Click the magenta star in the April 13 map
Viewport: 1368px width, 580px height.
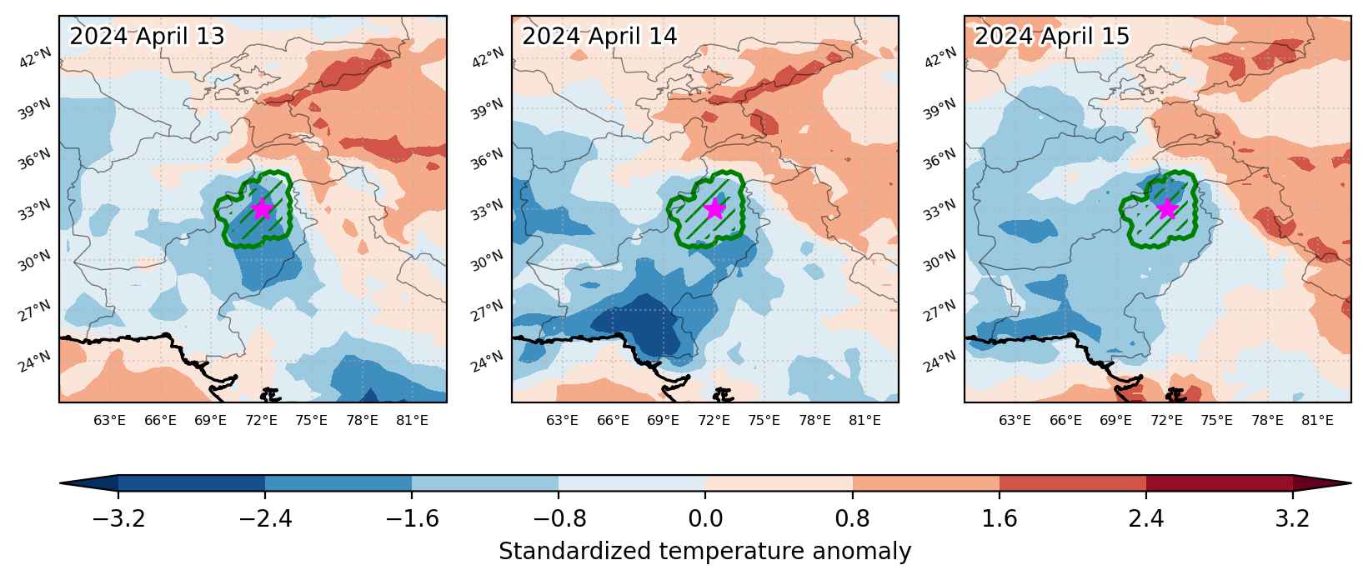click(262, 209)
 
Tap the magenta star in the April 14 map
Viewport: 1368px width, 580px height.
click(714, 209)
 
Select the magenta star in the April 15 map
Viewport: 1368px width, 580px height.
click(1167, 209)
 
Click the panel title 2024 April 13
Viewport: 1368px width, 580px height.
click(148, 36)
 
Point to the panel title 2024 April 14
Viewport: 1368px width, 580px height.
click(599, 36)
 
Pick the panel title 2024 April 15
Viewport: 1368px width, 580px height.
click(1052, 36)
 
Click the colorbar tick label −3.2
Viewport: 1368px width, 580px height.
click(118, 519)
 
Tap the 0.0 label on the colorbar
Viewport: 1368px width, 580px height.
click(705, 519)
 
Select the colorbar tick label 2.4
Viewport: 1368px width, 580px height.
click(1145, 519)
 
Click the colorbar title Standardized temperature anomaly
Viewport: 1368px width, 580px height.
click(704, 552)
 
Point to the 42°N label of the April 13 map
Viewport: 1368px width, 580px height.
click(36, 58)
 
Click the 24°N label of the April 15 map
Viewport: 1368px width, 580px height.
click(940, 362)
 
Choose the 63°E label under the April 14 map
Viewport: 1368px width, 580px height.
click(562, 420)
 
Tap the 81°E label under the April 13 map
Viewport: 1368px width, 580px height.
click(412, 420)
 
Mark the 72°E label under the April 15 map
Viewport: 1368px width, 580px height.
click(1166, 420)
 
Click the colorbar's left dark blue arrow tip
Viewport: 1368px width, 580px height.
click(61, 483)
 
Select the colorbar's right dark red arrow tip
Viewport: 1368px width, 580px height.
click(1350, 483)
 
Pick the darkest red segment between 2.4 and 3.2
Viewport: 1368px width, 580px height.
click(1219, 483)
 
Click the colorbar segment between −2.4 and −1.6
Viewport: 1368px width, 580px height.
click(338, 483)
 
